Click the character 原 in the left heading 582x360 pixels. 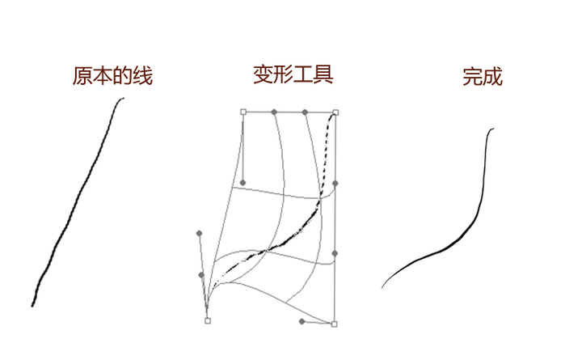tap(82, 77)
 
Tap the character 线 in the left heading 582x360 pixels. tap(142, 77)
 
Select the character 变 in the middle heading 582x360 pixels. tap(263, 75)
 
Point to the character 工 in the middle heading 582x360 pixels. tap(303, 75)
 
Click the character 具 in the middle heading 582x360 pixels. tap(323, 75)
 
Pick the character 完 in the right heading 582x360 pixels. tap(473, 77)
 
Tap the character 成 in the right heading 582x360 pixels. tap(493, 77)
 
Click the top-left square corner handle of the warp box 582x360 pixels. tap(243, 112)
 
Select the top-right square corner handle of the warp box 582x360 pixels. tap(335, 112)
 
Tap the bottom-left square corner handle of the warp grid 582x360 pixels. tap(208, 320)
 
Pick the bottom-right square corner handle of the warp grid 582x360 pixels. tap(334, 324)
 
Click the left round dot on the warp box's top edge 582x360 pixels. tap(274, 112)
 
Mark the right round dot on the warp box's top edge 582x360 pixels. tap(305, 112)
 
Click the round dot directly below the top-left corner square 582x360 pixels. tap(242, 183)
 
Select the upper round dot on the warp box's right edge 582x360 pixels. tap(335, 184)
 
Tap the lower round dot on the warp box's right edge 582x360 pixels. tap(335, 253)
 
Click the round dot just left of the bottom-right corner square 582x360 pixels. tap(302, 321)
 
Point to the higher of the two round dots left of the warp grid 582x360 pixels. tap(200, 233)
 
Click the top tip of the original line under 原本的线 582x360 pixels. tap(123, 99)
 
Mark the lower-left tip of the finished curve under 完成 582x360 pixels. tap(382, 286)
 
